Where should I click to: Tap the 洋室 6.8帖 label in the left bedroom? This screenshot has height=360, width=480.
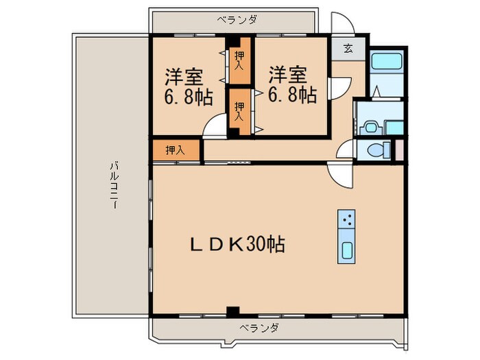click(187, 84)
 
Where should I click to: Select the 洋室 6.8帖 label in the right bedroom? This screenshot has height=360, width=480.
click(292, 84)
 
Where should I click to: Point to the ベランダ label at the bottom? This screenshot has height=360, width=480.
click(259, 328)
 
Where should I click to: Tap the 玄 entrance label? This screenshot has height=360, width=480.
click(348, 49)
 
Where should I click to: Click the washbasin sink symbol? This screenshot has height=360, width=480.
click(371, 126)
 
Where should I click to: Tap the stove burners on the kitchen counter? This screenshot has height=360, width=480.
click(348, 220)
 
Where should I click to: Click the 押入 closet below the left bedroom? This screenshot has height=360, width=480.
click(176, 149)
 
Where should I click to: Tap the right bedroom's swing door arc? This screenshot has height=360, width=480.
click(337, 88)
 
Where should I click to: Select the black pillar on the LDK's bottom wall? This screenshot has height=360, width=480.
click(233, 311)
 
